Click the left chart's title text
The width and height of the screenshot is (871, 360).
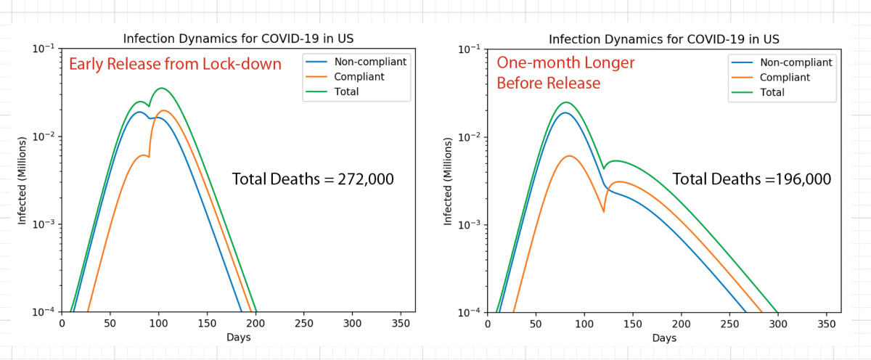[x=238, y=38]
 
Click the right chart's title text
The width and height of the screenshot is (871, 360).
[x=664, y=38]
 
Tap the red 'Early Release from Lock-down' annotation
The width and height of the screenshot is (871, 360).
[x=175, y=65]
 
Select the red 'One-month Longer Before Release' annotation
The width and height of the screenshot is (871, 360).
[x=565, y=73]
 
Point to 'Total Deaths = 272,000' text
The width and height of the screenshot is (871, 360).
[x=313, y=179]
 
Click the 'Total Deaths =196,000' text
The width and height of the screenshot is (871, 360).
[x=751, y=179]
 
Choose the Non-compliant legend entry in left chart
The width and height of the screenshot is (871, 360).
[x=369, y=62]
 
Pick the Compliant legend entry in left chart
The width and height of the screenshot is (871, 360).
[x=359, y=76]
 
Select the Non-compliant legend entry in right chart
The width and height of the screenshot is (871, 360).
[x=796, y=62]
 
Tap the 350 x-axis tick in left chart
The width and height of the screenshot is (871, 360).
[x=401, y=323]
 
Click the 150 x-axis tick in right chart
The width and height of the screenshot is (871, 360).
[x=633, y=323]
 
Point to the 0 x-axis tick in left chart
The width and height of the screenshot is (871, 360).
[x=62, y=323]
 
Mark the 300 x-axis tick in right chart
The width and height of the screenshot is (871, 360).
[x=778, y=323]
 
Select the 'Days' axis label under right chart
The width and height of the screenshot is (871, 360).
[x=664, y=338]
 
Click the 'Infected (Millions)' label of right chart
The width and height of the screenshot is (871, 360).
[x=448, y=180]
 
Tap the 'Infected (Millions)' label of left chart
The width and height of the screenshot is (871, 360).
[x=22, y=180]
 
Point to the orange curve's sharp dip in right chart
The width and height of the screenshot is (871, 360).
[x=604, y=211]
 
